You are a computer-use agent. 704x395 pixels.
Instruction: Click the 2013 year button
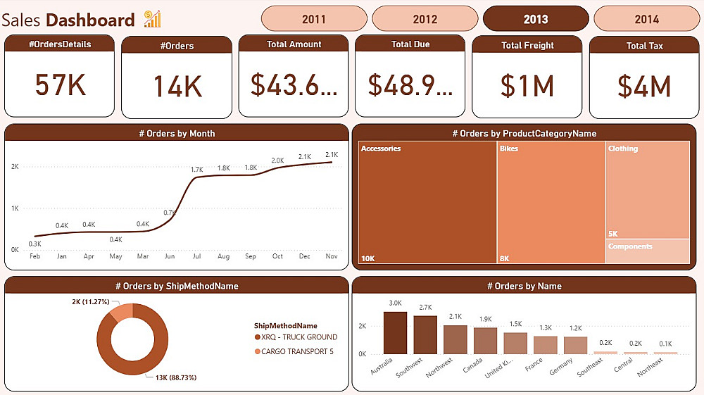coord(536,19)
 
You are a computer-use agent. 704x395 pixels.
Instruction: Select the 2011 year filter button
coord(313,19)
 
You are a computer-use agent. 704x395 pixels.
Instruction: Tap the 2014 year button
coord(646,19)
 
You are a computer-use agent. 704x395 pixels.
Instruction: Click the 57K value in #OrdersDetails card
coord(60,85)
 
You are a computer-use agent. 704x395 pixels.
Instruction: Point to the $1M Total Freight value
coord(527,86)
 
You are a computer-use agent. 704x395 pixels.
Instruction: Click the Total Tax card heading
coord(645,46)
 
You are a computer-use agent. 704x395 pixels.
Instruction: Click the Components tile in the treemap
coord(647,251)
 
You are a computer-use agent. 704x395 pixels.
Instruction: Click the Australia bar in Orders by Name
coord(395,333)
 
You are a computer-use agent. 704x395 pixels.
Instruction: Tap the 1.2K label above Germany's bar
coord(576,328)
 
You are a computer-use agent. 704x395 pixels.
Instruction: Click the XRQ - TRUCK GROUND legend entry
coord(296,337)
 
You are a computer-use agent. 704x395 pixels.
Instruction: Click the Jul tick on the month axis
coord(196,256)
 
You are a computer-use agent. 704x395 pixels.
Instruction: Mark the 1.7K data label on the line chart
coord(196,170)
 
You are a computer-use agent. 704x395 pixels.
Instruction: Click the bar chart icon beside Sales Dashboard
coord(152,19)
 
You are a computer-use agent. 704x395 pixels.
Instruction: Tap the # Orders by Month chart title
coord(177,133)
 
